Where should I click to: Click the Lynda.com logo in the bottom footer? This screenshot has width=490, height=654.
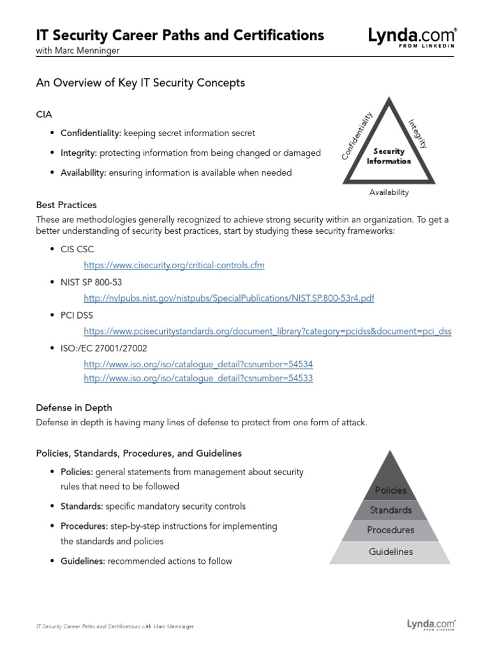(431, 625)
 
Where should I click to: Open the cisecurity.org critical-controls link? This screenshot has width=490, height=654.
(174, 264)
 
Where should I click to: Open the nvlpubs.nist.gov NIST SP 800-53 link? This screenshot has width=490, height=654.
(229, 298)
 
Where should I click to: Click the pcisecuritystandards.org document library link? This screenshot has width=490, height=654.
(267, 331)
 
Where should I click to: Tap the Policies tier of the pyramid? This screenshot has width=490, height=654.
(390, 490)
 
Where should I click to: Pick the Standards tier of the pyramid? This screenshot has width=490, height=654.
(390, 510)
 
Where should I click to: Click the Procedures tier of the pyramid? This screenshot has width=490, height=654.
(390, 530)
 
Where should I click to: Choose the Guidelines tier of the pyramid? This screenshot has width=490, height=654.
(390, 552)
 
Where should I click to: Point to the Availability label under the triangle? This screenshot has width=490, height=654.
(389, 192)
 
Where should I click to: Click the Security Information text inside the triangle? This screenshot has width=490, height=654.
(389, 156)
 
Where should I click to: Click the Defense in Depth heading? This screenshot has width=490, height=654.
(74, 407)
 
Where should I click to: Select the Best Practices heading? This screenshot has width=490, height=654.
(66, 205)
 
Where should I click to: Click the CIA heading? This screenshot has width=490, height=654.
(44, 114)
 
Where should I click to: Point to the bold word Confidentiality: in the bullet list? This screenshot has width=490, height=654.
(91, 133)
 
